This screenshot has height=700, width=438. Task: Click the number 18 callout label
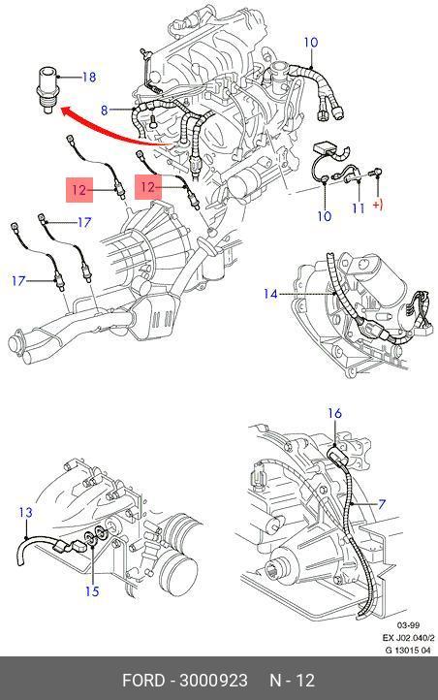(x=89, y=77)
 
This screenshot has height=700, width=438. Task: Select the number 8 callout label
(x=105, y=110)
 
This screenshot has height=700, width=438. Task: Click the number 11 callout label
(x=359, y=208)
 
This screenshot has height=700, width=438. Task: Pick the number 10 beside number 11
(x=325, y=216)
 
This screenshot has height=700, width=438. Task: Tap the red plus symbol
(x=378, y=206)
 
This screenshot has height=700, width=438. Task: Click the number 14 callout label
(x=270, y=294)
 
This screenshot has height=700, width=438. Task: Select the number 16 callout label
(x=334, y=413)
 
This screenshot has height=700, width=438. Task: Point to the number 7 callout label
(x=382, y=504)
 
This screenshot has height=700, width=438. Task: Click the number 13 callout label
(x=26, y=512)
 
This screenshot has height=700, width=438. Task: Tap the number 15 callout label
(x=92, y=591)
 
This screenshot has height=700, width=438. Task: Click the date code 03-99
(x=409, y=625)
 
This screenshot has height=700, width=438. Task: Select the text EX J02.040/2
(x=408, y=638)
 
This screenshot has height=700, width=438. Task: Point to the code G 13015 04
(x=408, y=650)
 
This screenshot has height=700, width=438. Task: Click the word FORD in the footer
(x=143, y=681)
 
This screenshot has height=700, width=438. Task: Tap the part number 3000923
(x=213, y=681)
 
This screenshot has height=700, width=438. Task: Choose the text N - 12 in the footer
(x=292, y=681)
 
